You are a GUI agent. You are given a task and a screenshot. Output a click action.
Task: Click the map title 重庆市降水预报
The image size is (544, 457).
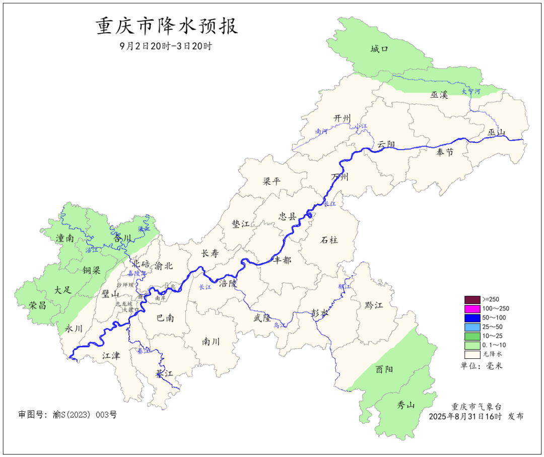pos(167,26)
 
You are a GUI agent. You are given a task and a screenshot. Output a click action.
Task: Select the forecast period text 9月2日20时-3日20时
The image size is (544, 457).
pos(166,46)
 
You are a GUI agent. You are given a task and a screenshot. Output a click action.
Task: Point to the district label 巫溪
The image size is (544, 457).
pos(439,95)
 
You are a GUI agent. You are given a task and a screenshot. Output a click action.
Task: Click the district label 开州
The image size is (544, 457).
pos(342,118)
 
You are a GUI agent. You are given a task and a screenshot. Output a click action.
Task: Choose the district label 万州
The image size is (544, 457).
pos(339,177)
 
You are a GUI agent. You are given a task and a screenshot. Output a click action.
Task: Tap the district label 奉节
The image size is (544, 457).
pos(445,153)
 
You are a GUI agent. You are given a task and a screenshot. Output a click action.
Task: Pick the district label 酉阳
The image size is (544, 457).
pos(384,369)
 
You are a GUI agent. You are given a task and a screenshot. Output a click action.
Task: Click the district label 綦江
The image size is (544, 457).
pos(164,374)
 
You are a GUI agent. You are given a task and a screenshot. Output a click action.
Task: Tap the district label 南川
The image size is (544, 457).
pos(211,342)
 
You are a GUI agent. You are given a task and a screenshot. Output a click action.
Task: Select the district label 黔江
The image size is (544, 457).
pos(374,306)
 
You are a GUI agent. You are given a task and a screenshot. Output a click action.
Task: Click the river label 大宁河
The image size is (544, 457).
pos(471,92)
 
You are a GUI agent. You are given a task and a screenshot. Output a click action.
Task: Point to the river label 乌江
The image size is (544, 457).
pos(280,326)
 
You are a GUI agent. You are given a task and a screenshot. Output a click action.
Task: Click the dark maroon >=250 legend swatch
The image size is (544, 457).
pos(472,299)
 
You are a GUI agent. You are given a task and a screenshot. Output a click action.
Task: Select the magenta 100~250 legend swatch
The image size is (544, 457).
pos(472,309)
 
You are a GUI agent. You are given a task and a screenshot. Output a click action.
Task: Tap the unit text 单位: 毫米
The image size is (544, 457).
pos(481,366)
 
